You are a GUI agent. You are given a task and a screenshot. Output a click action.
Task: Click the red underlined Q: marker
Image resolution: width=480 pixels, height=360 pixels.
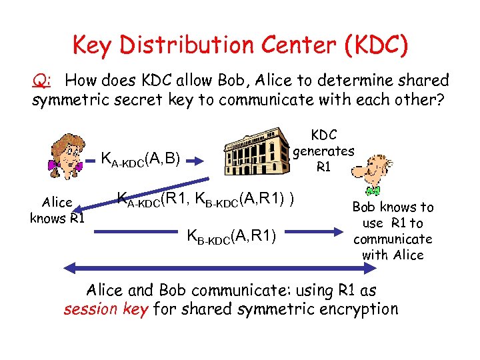click(41, 81)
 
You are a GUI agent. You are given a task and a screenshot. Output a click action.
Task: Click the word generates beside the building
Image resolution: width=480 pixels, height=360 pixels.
click(323, 151)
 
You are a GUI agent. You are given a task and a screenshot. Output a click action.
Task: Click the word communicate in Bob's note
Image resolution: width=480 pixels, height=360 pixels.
click(393, 239)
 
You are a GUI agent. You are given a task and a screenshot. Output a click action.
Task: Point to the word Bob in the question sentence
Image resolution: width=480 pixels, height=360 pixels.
click(256, 81)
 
